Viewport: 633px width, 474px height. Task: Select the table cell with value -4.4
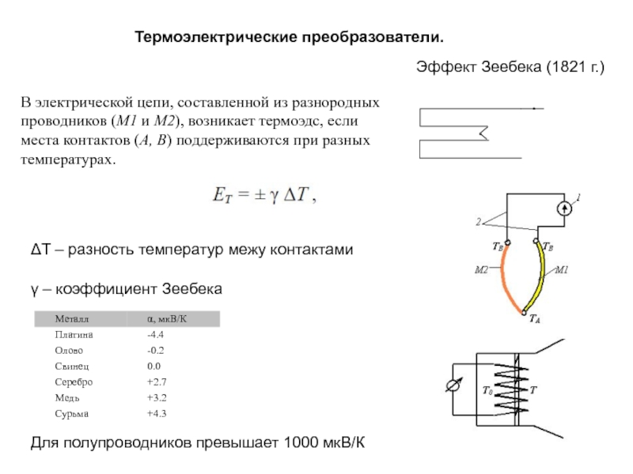(155, 335)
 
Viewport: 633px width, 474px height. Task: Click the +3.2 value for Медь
(157, 397)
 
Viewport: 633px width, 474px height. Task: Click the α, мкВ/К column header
(166, 319)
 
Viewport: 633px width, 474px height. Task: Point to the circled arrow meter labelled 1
(563, 209)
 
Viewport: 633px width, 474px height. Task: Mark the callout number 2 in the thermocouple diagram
(479, 223)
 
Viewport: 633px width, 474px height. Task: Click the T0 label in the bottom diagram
(487, 390)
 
